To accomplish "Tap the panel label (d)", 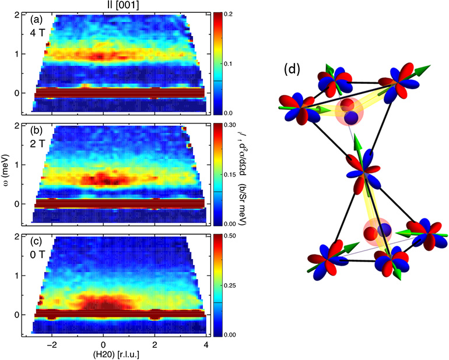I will click(x=292, y=70).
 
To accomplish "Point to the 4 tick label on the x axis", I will click(x=205, y=344).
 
